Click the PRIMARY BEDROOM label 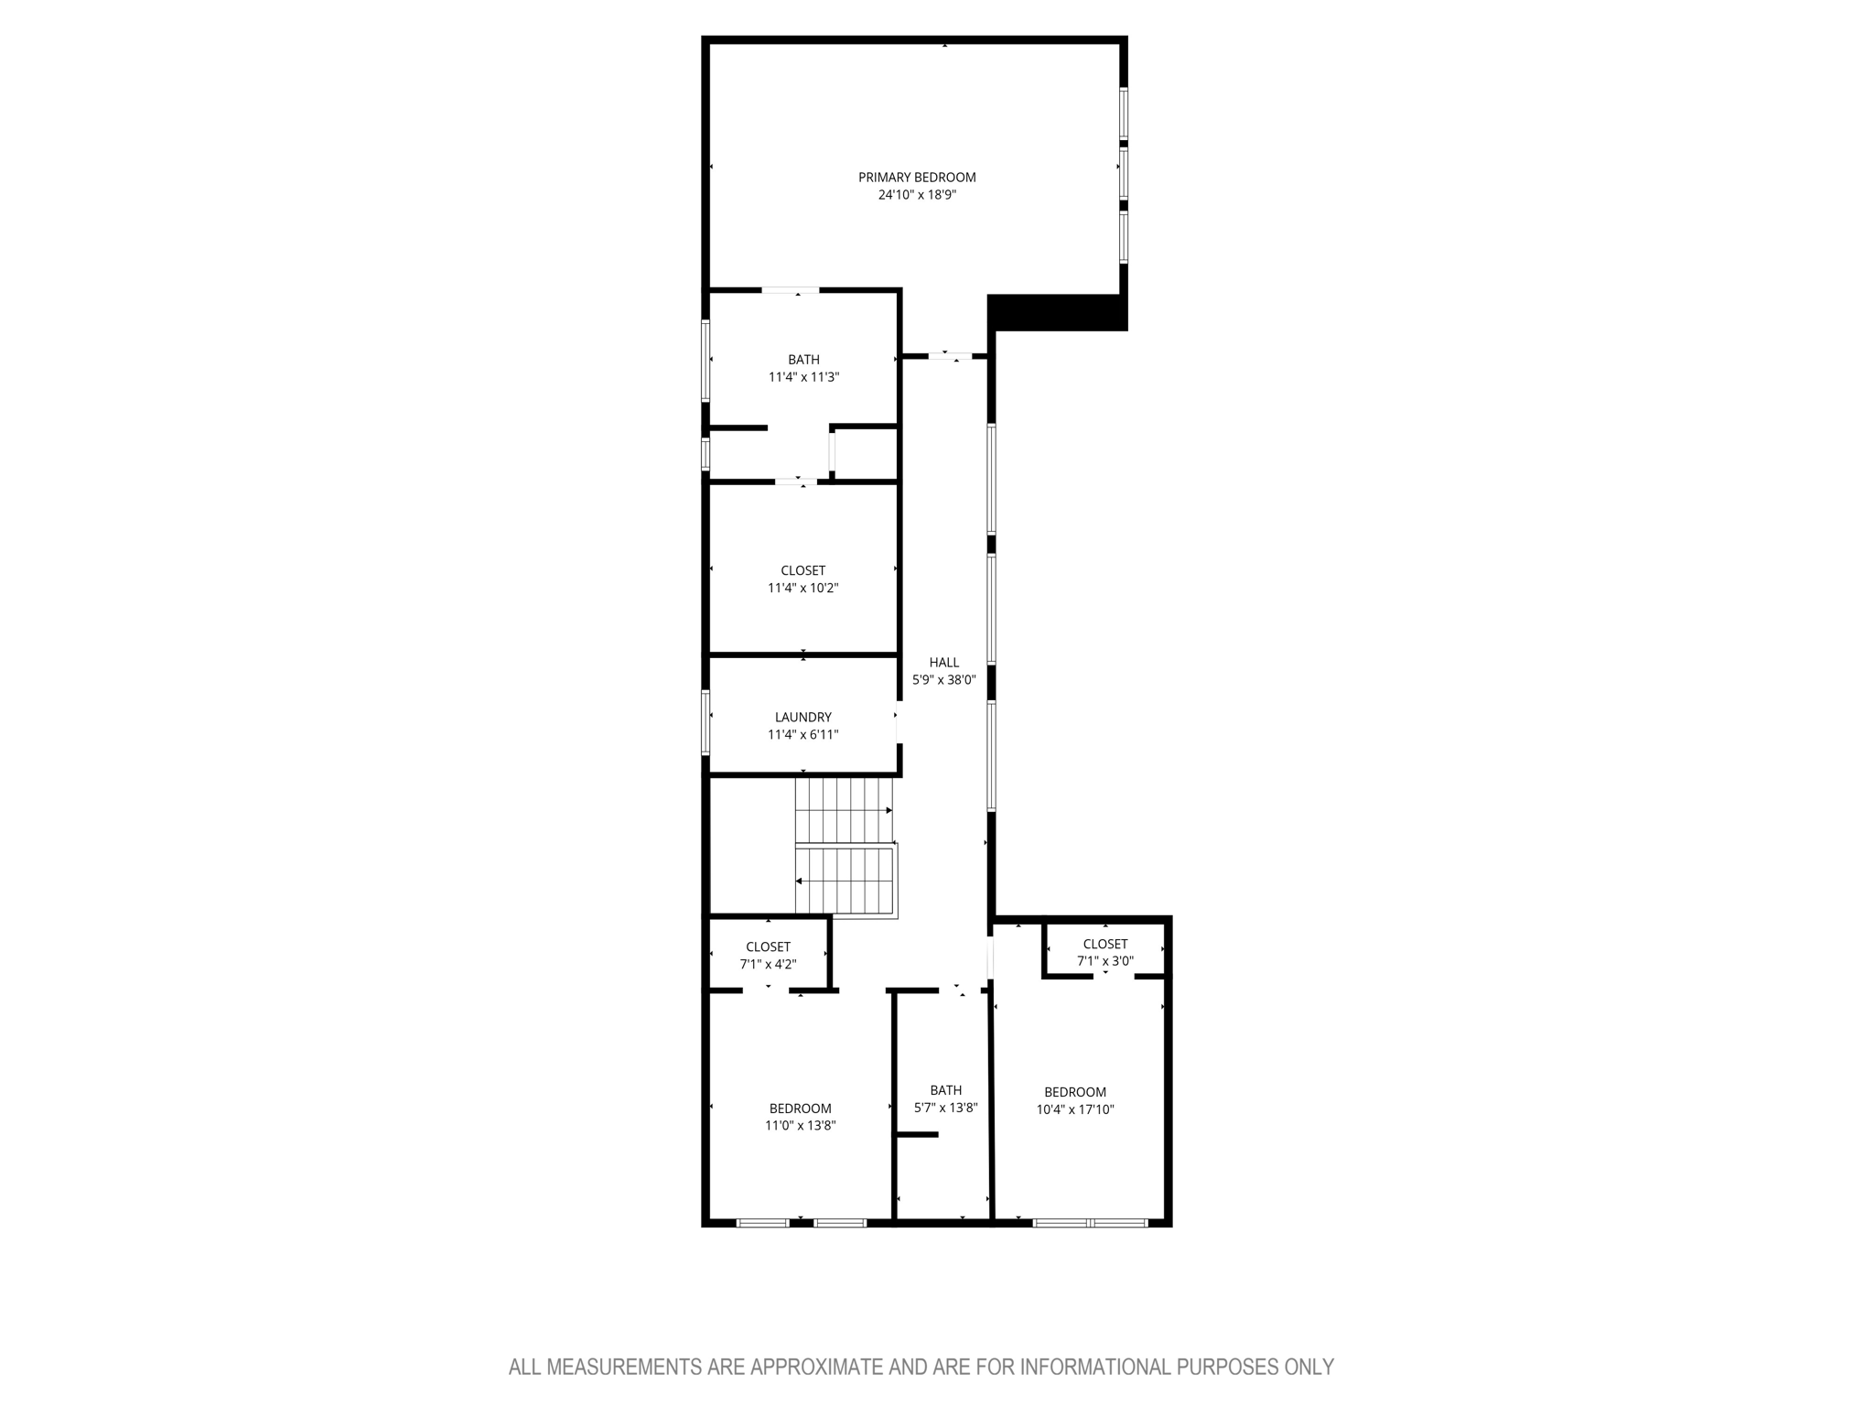pyautogui.click(x=917, y=178)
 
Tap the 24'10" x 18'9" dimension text pyautogui.click(x=917, y=195)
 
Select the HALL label pyautogui.click(x=944, y=663)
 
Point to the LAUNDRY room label pyautogui.click(x=803, y=718)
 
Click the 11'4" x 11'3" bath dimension pyautogui.click(x=803, y=377)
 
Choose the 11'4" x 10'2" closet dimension pyautogui.click(x=803, y=589)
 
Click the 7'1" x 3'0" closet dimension pyautogui.click(x=1105, y=961)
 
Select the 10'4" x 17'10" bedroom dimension pyautogui.click(x=1075, y=1109)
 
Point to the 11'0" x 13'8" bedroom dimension pyautogui.click(x=801, y=1126)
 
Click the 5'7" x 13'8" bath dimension pyautogui.click(x=946, y=1108)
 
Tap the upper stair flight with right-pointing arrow pyautogui.click(x=843, y=810)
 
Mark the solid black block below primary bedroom pyautogui.click(x=1057, y=312)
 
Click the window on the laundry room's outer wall pyautogui.click(x=705, y=722)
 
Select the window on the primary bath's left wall pyautogui.click(x=705, y=360)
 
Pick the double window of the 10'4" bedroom pyautogui.click(x=1090, y=1222)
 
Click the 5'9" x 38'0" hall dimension pyautogui.click(x=944, y=680)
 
